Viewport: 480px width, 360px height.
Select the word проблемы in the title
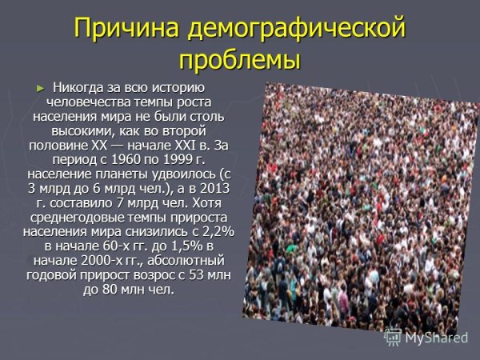pos(240,60)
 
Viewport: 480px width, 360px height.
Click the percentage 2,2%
pos(216,231)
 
